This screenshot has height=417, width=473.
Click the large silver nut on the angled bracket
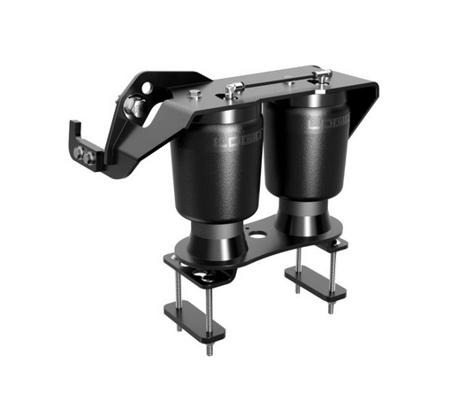click(x=136, y=107)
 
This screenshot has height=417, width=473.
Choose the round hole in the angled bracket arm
click(x=147, y=88)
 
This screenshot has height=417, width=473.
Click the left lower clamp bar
click(x=195, y=319)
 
